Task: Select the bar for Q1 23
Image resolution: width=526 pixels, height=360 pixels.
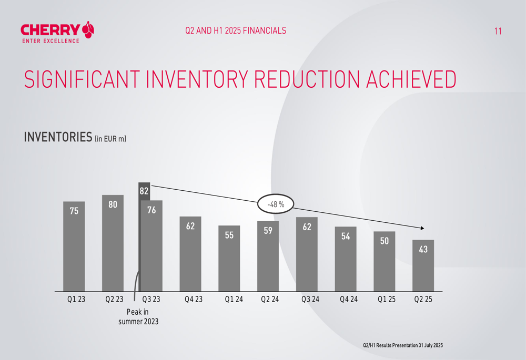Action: (74, 247)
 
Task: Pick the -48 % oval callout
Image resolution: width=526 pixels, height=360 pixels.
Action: (276, 204)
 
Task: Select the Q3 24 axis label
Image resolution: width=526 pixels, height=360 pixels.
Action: (310, 300)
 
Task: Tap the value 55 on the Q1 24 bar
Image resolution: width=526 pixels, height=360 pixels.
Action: (229, 235)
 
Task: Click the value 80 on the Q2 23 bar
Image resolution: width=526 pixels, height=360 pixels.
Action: (113, 205)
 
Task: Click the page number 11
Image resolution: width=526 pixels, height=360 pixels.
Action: (498, 31)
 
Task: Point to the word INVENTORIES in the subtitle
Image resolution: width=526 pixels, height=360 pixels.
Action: (58, 138)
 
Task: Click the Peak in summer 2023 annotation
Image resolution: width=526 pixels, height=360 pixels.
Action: (138, 317)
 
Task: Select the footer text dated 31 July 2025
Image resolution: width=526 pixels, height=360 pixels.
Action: (403, 345)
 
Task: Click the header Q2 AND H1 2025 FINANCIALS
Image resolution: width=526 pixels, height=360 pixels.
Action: (236, 30)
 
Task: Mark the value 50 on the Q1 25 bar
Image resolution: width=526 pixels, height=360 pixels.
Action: (385, 241)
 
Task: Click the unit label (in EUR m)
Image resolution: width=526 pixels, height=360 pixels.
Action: (111, 139)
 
